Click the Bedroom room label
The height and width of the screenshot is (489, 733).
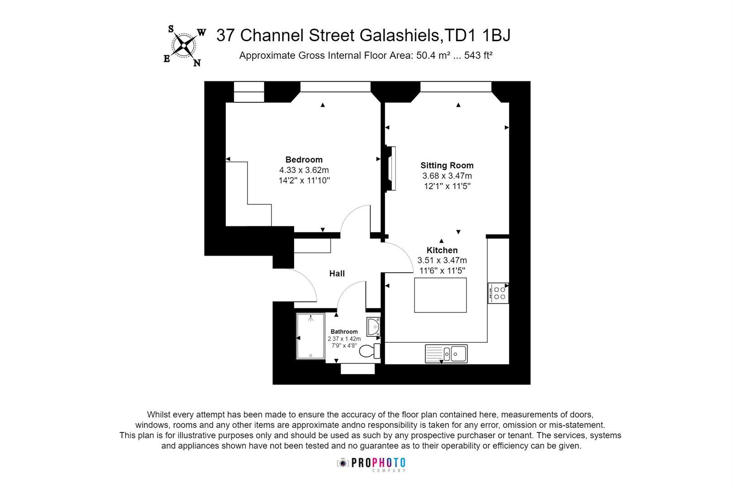click(304, 159)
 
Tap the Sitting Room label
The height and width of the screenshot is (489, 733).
click(447, 165)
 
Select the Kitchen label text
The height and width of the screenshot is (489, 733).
click(442, 250)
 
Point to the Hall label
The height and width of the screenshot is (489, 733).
click(337, 273)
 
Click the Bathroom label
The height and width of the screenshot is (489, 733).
click(344, 331)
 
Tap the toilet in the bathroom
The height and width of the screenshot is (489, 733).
click(370, 351)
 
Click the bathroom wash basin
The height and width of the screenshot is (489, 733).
click(373, 326)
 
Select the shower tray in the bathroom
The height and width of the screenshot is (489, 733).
click(310, 336)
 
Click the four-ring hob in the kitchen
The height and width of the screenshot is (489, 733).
click(498, 293)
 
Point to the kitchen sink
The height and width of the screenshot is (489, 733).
click(446, 354)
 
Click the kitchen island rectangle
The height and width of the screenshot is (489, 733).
click(440, 295)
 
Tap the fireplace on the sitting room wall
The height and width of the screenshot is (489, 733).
click(390, 168)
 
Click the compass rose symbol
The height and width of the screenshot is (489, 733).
click(184, 46)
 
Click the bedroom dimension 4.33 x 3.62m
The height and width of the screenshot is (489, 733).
click(304, 170)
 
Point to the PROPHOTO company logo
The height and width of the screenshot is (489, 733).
click(371, 464)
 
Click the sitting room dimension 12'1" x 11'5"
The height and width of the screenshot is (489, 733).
click(447, 186)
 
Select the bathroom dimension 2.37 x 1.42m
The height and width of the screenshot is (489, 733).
click(344, 339)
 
